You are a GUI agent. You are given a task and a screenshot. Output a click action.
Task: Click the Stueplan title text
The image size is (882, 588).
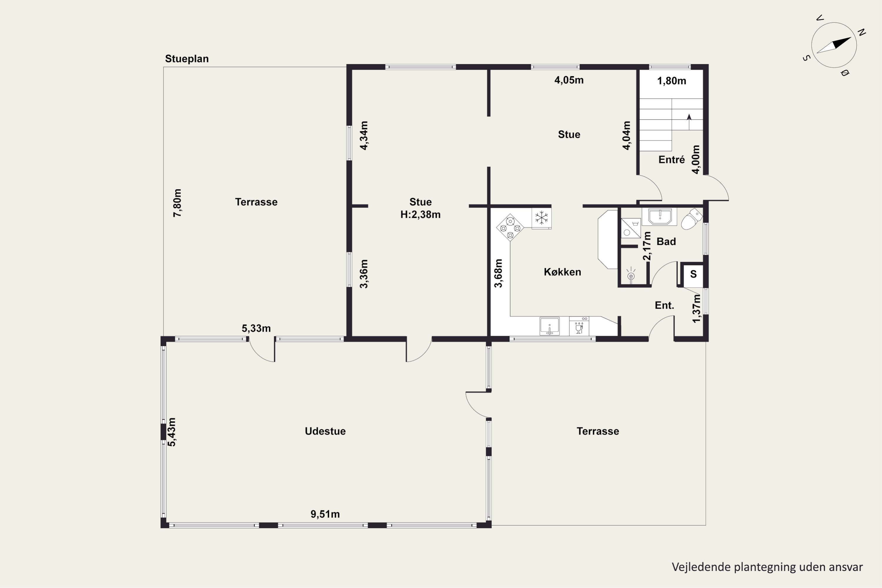click(187, 59)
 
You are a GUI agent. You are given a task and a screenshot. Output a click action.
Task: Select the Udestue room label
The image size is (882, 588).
click(325, 431)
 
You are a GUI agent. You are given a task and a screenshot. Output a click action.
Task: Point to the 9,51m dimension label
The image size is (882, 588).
click(325, 514)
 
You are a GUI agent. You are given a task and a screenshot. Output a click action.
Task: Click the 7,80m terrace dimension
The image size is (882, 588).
click(177, 203)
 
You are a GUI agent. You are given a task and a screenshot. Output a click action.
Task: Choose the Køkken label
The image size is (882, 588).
click(562, 272)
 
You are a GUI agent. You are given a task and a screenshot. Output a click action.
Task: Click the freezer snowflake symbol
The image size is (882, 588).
click(542, 218)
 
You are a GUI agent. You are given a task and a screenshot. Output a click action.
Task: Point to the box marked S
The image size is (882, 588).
click(693, 274)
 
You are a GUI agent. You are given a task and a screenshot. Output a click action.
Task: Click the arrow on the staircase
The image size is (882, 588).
click(689, 122)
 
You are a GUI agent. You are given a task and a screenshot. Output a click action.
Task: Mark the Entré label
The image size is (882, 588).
click(671, 160)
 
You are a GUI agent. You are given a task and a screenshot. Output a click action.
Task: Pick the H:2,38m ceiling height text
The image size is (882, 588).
click(420, 215)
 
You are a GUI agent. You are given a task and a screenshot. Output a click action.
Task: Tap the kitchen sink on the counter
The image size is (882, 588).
click(549, 326)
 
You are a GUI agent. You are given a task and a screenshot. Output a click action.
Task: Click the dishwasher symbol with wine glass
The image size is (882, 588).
click(579, 326)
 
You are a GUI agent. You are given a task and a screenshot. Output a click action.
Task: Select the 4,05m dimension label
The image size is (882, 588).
click(569, 80)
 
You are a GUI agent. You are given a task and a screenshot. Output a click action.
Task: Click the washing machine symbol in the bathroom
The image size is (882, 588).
click(631, 228)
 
